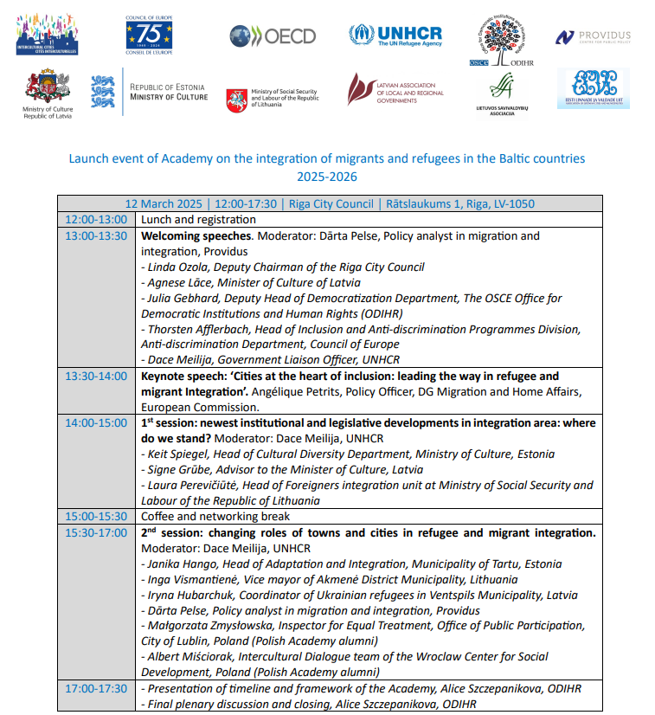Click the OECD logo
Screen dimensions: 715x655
[x=273, y=35]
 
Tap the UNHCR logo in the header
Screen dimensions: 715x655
[x=395, y=35]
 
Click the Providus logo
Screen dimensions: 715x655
[x=593, y=36]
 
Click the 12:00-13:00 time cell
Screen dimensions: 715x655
[x=95, y=220]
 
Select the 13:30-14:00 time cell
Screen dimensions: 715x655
[x=95, y=377]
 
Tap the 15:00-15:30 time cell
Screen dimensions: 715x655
[x=95, y=517]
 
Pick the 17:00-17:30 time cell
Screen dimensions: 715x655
[x=95, y=688]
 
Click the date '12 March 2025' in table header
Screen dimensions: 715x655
[x=164, y=204]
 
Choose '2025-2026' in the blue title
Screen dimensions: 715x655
[x=327, y=176]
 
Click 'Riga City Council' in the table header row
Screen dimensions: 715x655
[x=328, y=204]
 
